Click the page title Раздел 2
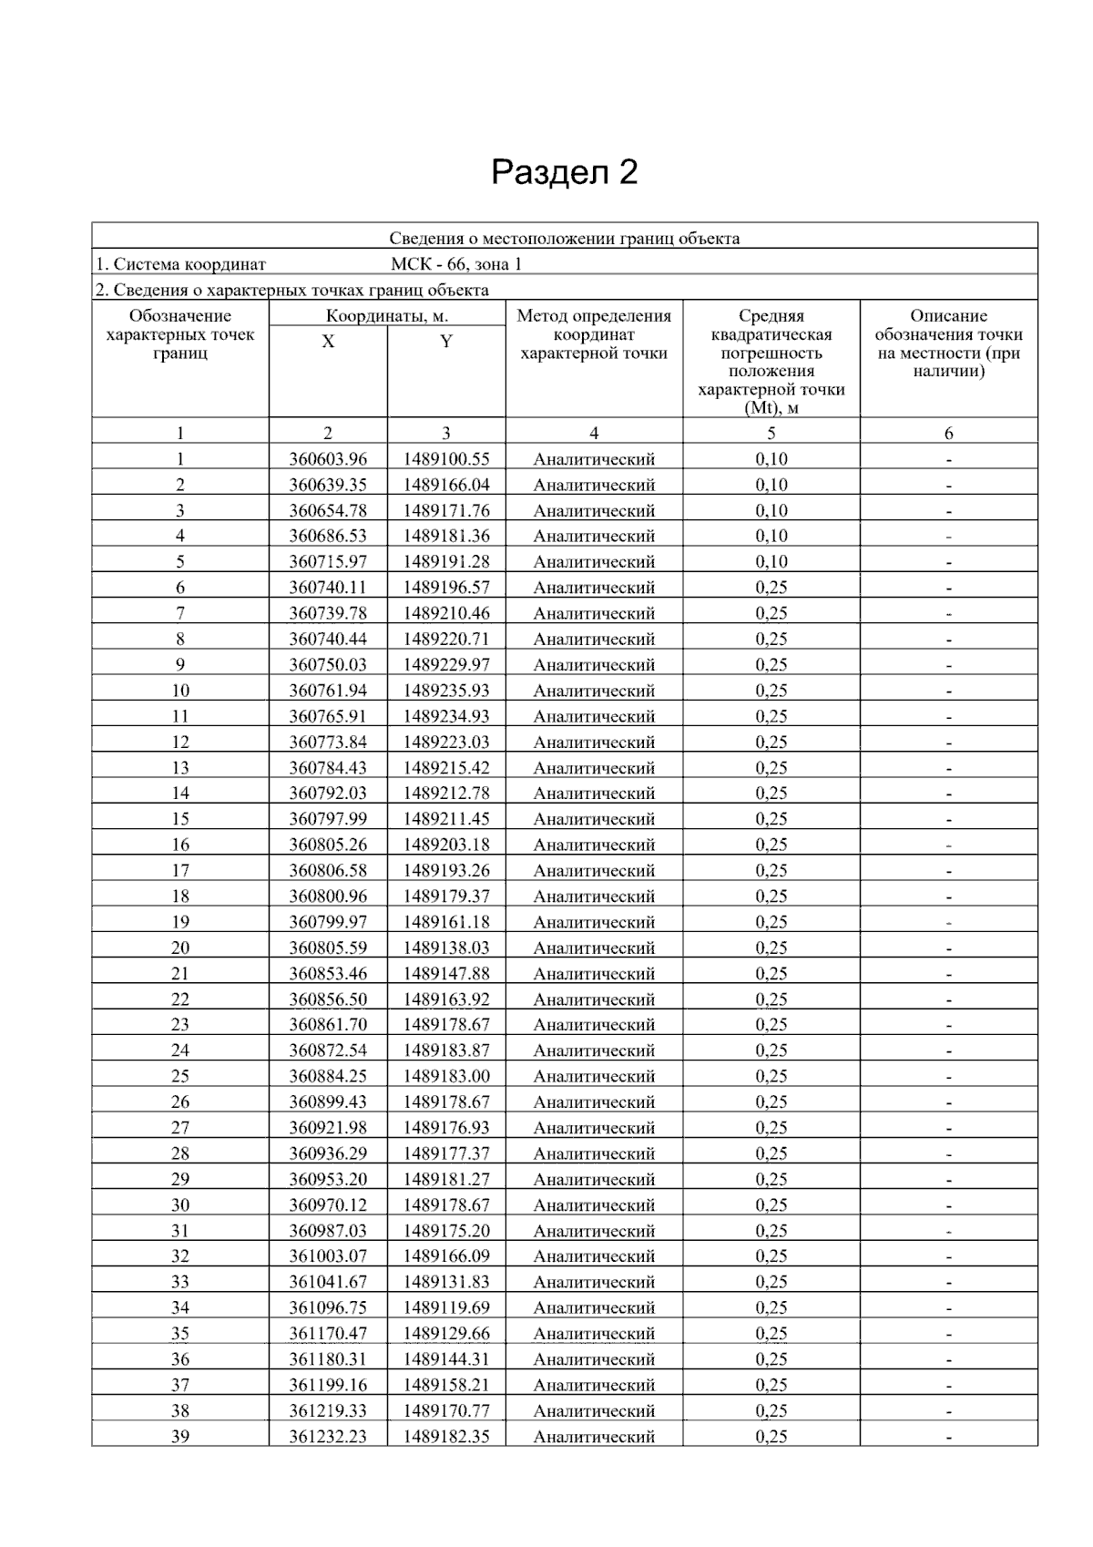(564, 172)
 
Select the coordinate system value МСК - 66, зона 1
(456, 264)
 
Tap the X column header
(328, 342)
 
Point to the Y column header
(446, 342)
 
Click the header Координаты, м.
(387, 316)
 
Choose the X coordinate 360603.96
(328, 459)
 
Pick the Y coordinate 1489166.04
(446, 485)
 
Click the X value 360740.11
(328, 588)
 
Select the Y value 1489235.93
(446, 691)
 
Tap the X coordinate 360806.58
(328, 870)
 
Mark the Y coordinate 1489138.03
(446, 948)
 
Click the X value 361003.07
(328, 1256)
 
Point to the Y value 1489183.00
(446, 1076)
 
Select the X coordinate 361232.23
(328, 1436)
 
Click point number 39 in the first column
(180, 1436)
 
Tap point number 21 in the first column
(180, 973)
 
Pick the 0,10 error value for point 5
(771, 562)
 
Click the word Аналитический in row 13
(594, 768)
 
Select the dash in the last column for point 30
(949, 1205)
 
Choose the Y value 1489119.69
(446, 1307)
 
